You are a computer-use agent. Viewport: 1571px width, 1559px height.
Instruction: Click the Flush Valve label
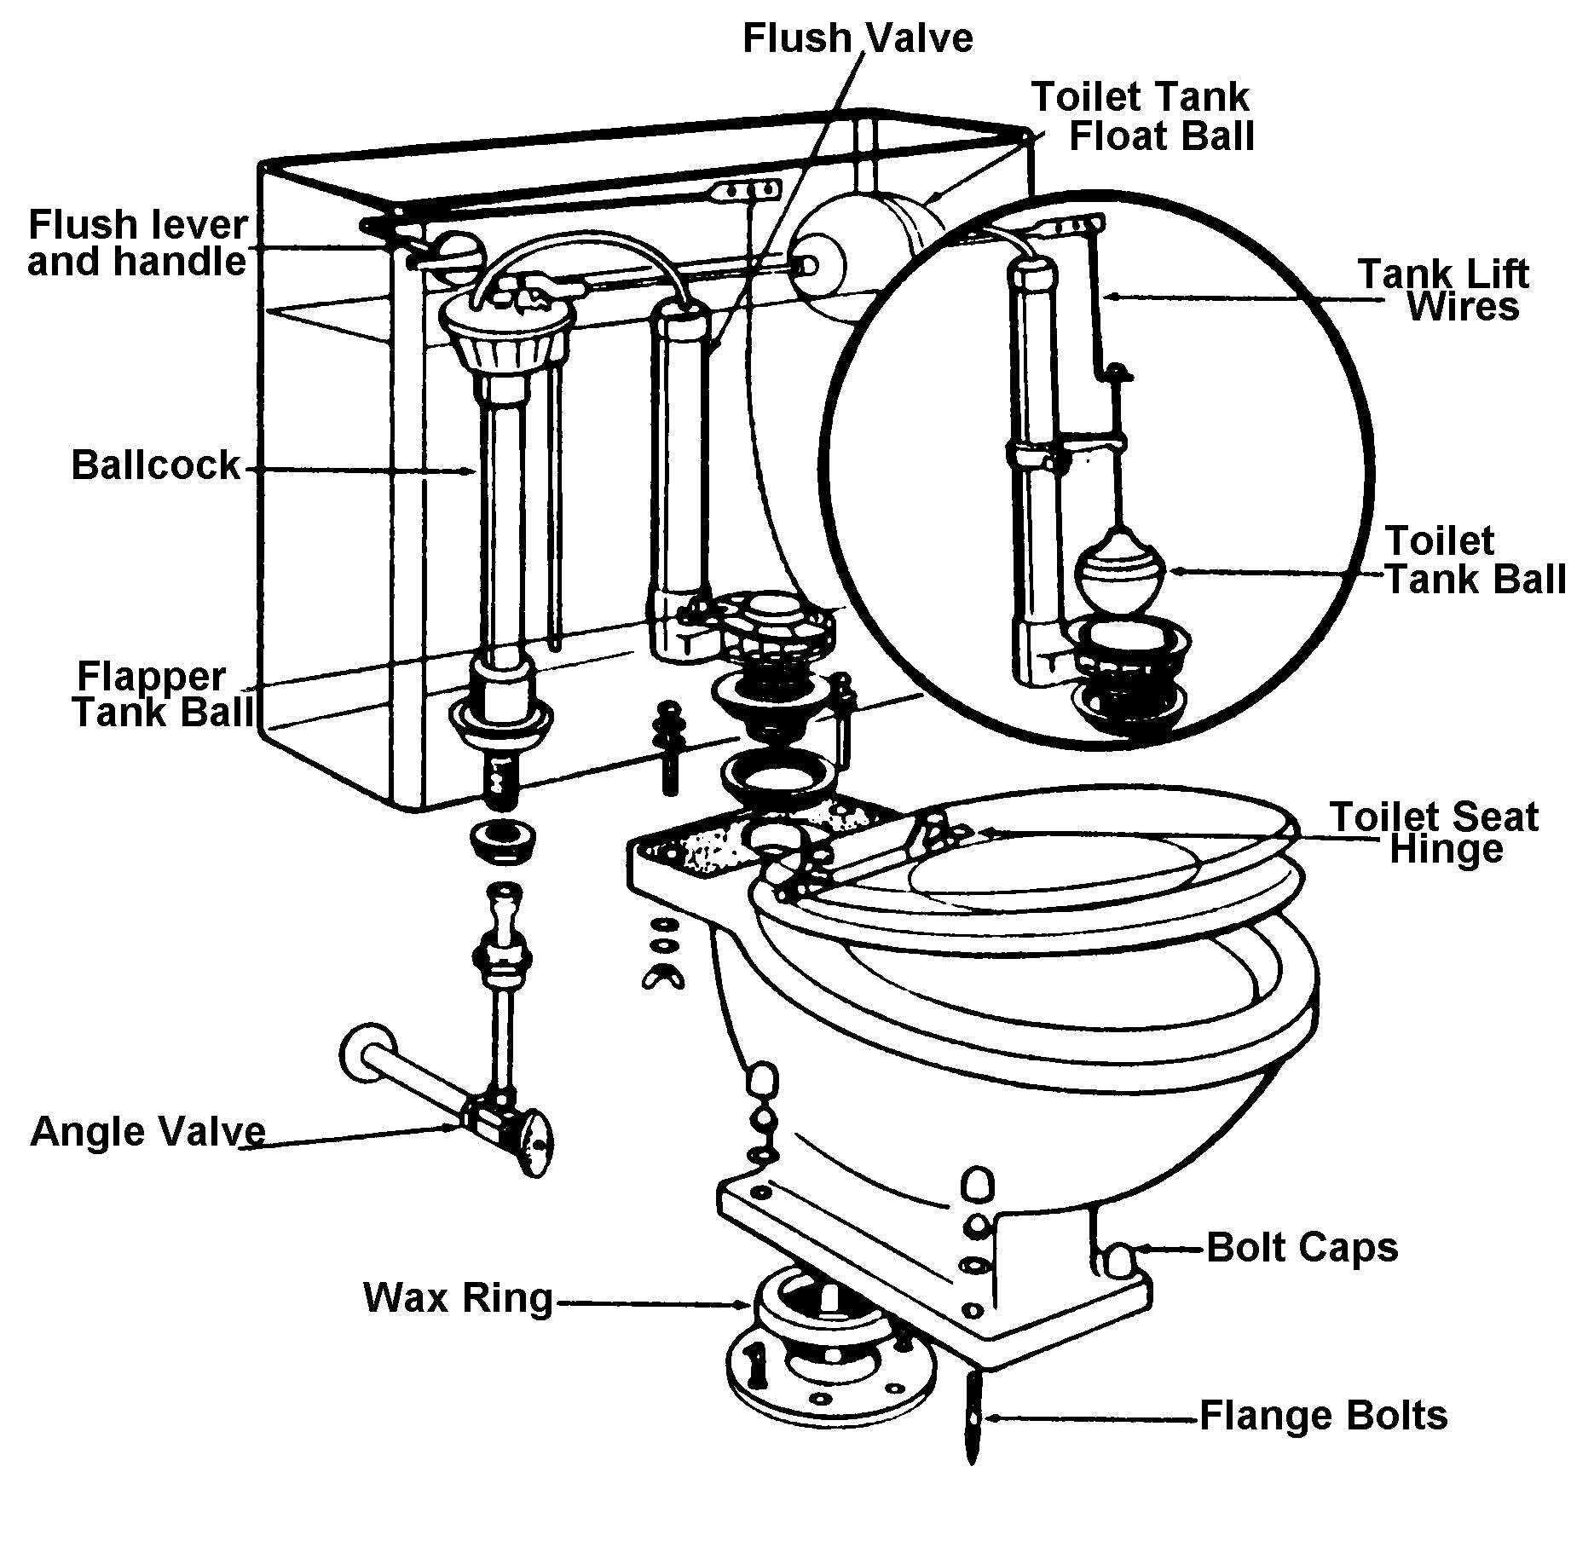point(857,39)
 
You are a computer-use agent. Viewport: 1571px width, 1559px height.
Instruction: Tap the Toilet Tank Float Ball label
point(1142,117)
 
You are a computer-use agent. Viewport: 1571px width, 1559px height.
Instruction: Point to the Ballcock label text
point(155,465)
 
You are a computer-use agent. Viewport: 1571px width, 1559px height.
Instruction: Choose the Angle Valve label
point(147,1131)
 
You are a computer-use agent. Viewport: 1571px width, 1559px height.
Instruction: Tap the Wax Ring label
point(458,1297)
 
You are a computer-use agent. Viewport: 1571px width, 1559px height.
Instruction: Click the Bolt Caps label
point(1302,1247)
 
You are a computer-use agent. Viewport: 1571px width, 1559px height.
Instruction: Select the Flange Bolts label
point(1323,1416)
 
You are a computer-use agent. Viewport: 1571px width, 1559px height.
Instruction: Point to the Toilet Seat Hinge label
point(1435,832)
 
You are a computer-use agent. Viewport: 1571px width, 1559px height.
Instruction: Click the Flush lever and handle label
point(138,243)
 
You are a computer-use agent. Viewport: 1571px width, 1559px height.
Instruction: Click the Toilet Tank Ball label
point(1474,559)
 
